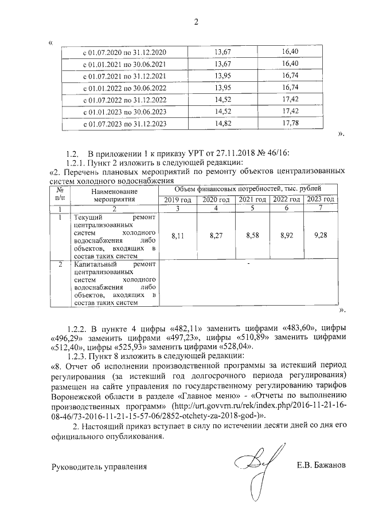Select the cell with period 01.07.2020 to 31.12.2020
click(125, 53)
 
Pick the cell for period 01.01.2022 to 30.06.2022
click(125, 88)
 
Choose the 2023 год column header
click(321, 199)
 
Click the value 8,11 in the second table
click(178, 235)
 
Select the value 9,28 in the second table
click(321, 235)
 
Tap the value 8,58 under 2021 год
click(252, 235)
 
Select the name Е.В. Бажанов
click(321, 465)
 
